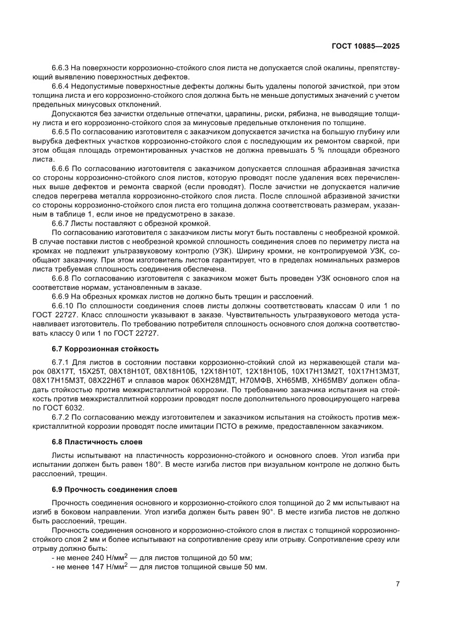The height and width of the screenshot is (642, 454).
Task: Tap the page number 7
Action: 397,583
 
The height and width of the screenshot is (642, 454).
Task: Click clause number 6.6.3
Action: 59,68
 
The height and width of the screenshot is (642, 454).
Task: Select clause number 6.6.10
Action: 61,304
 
